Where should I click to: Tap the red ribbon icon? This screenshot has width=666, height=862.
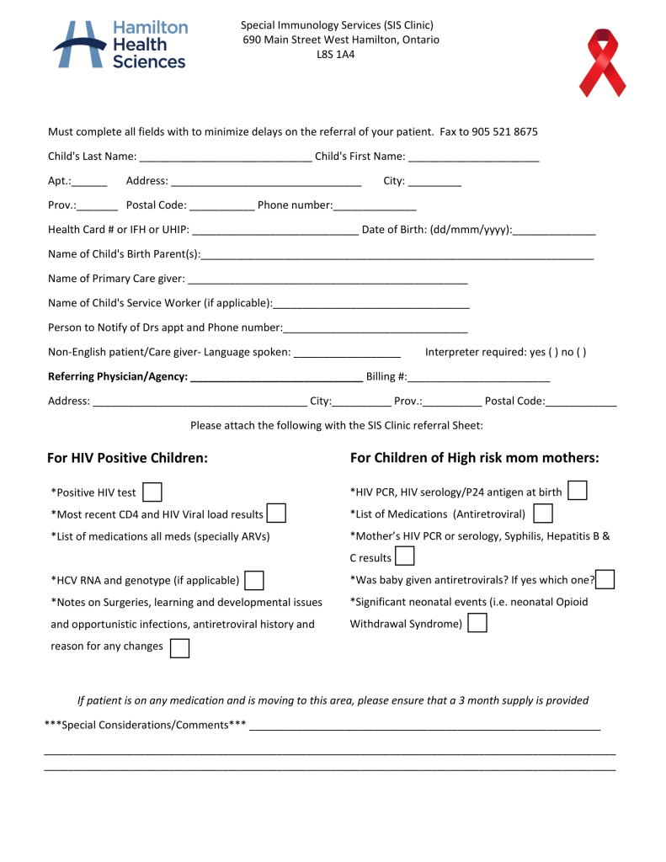(x=603, y=62)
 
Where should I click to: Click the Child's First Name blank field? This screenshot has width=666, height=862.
(x=473, y=157)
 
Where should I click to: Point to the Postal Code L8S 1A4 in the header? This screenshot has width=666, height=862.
(x=340, y=55)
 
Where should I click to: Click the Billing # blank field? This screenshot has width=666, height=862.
(x=479, y=376)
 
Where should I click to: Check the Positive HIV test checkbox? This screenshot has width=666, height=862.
(x=152, y=492)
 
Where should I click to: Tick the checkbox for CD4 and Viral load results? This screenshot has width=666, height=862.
(x=276, y=513)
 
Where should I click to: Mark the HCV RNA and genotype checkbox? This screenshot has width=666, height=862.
(x=254, y=580)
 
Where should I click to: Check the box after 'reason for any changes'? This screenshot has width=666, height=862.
(x=179, y=647)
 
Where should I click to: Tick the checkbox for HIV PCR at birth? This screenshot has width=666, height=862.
(x=578, y=491)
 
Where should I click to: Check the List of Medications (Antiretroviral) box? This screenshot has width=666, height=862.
(x=543, y=513)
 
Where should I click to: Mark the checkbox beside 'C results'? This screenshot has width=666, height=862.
(x=405, y=556)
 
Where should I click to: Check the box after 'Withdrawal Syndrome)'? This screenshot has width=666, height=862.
(x=477, y=624)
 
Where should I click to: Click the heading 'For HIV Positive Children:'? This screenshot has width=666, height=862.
(x=127, y=458)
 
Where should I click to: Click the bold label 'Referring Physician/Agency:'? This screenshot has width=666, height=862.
(x=118, y=376)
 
